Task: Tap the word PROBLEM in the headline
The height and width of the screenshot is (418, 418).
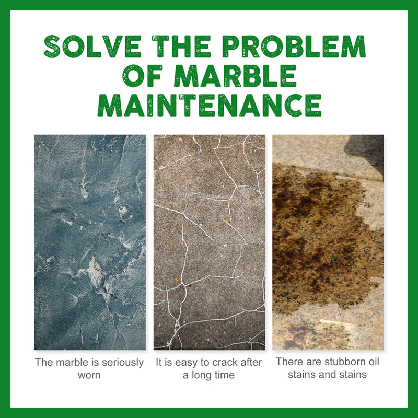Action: [x=294, y=47]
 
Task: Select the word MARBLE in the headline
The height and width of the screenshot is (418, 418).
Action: [x=235, y=76]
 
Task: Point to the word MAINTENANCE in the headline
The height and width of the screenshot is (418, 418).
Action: [x=210, y=105]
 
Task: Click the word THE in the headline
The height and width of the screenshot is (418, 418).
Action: [x=181, y=47]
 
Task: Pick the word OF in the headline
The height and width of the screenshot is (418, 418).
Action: [x=142, y=76]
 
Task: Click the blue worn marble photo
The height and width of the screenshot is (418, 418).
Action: [x=90, y=242]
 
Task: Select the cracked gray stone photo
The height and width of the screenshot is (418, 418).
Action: [x=210, y=242]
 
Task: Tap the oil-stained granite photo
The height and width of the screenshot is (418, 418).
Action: [x=328, y=242]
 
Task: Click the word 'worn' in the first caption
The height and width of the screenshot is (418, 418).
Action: [x=89, y=375]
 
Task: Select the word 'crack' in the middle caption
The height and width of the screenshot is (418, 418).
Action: [x=225, y=362]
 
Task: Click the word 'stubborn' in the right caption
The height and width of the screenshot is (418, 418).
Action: [x=345, y=362]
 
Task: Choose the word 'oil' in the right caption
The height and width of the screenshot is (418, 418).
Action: [x=374, y=362]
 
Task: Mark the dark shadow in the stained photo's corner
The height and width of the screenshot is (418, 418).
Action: [x=367, y=152]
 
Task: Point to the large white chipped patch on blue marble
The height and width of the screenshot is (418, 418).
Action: [x=97, y=275]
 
